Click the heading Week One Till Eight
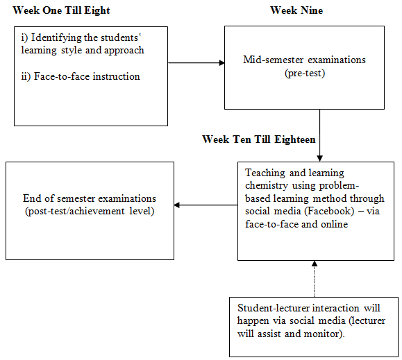(61, 11)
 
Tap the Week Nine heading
(296, 10)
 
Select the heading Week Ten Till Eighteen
(259, 139)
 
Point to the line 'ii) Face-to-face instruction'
(81, 76)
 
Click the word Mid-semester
(274, 60)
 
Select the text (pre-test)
(305, 74)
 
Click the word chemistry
(267, 185)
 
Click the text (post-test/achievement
(74, 212)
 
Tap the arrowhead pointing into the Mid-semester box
(222, 62)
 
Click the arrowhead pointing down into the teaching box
(319, 158)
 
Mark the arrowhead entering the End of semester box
(177, 205)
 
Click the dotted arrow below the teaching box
(315, 279)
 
